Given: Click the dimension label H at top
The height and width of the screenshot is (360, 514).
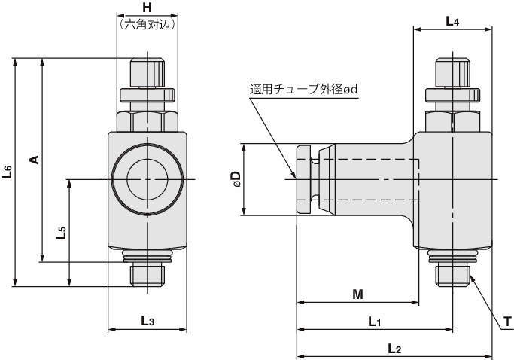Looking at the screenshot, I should coord(147,8).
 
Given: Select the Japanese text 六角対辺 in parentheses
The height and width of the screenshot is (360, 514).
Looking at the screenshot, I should coord(147,23).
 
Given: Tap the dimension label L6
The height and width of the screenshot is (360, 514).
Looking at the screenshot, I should coord(8,172).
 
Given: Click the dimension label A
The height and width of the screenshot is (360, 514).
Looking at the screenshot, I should coord(32,160).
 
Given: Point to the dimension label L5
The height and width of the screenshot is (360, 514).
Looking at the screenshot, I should coord(62,232).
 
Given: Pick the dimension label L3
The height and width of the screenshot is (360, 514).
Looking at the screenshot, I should coord(148,321).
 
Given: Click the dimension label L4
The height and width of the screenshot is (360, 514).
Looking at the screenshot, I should coord(452,21).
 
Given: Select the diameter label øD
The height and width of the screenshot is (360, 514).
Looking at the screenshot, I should coord(236,178).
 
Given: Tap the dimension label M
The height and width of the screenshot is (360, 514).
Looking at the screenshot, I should coord(358,294).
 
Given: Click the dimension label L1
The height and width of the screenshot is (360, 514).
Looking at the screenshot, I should coord(375,322).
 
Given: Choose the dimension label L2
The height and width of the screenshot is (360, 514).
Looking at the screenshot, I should coord(394,349).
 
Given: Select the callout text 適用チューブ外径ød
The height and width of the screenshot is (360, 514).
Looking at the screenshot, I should coord(303,89).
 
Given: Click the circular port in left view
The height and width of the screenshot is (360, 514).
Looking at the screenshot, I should coord(147,179).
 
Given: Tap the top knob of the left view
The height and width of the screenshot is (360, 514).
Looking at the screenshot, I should coord(147,72).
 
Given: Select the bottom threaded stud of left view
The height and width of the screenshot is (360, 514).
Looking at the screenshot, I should coord(147,274).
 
